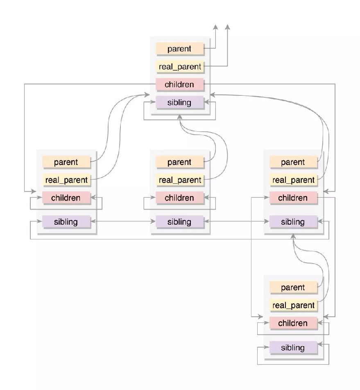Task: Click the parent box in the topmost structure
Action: point(180,49)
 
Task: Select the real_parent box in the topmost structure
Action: point(180,66)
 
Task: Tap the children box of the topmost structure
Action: point(180,84)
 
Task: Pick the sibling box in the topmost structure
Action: point(180,102)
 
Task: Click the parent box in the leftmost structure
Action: point(66,162)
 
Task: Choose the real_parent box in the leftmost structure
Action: point(66,180)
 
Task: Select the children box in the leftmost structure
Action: point(66,198)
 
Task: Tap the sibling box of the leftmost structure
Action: point(66,222)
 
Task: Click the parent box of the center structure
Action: point(180,162)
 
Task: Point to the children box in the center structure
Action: point(180,198)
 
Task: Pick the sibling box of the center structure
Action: point(180,222)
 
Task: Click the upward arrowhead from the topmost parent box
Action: point(215,27)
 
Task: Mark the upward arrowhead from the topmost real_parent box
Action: point(227,27)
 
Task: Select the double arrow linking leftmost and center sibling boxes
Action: point(123,221)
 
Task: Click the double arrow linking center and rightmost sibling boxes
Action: point(236,221)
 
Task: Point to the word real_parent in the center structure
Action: point(180,180)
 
